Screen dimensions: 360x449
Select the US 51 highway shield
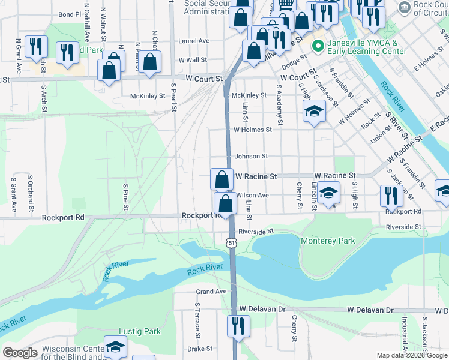click(231, 242)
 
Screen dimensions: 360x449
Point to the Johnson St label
click(251, 157)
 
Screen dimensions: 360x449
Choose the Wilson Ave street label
click(253, 196)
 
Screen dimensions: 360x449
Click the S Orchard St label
click(30, 193)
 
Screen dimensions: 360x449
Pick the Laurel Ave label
click(194, 41)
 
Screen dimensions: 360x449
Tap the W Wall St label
click(193, 60)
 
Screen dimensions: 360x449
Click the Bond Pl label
click(70, 14)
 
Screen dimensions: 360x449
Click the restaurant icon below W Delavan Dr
click(238, 326)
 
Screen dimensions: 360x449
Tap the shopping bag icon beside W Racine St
click(221, 179)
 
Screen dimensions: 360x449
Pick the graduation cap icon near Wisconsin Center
click(115, 346)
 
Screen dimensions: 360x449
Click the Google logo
click(20, 353)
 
